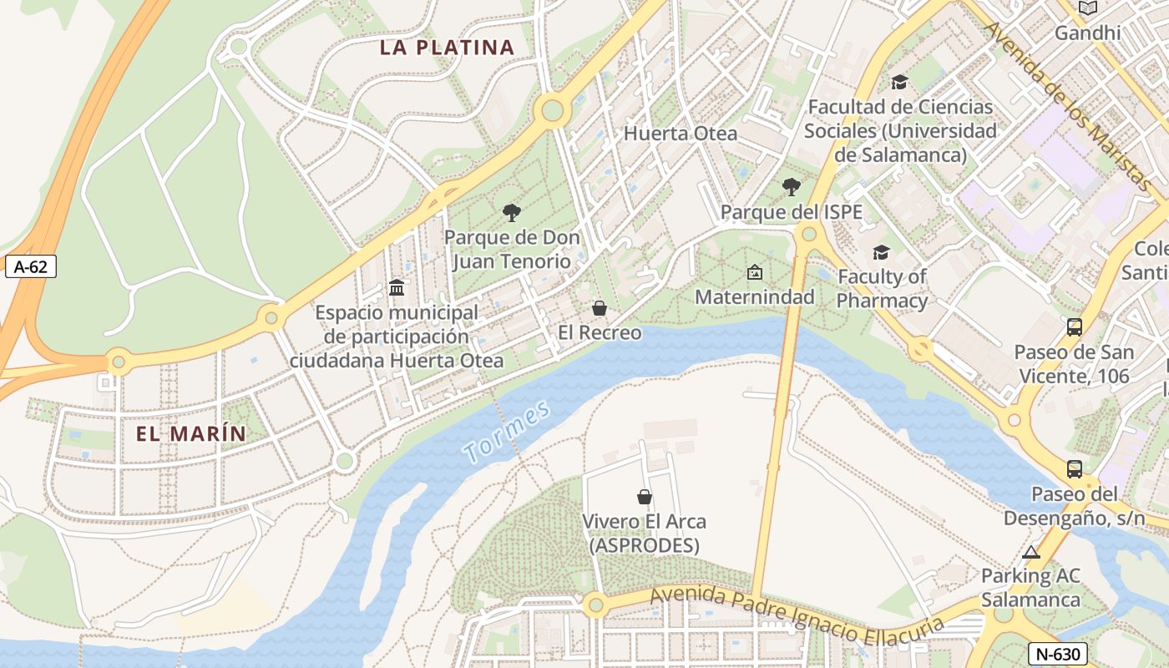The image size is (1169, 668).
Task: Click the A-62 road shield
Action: (x=31, y=267)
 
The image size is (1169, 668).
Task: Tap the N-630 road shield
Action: (x=1058, y=654)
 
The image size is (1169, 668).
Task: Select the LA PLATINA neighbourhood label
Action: (x=447, y=48)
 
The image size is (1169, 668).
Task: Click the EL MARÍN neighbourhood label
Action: (x=191, y=434)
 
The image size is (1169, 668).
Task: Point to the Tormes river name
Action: (x=508, y=432)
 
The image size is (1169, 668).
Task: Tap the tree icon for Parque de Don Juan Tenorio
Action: (x=512, y=213)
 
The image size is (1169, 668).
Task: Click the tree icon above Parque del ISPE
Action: (x=791, y=187)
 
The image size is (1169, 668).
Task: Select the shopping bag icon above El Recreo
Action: (x=599, y=308)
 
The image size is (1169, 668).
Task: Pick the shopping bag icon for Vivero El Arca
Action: (x=645, y=497)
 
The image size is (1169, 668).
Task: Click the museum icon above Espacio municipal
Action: (x=397, y=288)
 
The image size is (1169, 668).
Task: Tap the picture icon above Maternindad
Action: (x=754, y=272)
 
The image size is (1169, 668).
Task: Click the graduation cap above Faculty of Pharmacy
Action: (x=881, y=252)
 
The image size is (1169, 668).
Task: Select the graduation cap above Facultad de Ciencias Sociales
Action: (x=899, y=82)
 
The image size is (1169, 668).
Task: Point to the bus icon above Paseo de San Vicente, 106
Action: (x=1074, y=327)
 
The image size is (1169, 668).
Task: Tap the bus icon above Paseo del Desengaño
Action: (x=1074, y=469)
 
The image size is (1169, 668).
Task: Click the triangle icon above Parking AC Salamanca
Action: (x=1031, y=552)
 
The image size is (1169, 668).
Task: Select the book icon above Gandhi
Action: (x=1087, y=8)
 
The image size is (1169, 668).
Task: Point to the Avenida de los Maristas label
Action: (x=1068, y=104)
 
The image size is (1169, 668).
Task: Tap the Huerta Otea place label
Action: (x=681, y=134)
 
